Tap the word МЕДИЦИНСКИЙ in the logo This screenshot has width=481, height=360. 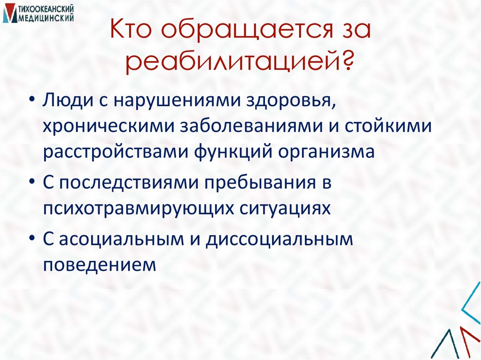[45, 18]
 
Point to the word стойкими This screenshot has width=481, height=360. [392, 127]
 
